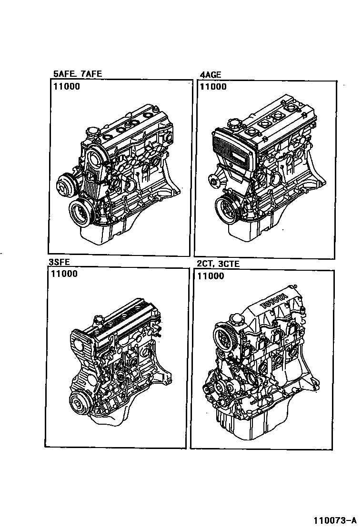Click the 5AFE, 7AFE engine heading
77,74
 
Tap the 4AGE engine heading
210,74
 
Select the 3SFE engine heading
58,262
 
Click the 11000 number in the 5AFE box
66,87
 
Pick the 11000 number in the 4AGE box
213,87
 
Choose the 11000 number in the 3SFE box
63,274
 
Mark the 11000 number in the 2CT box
210,276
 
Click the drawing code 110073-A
334,520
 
